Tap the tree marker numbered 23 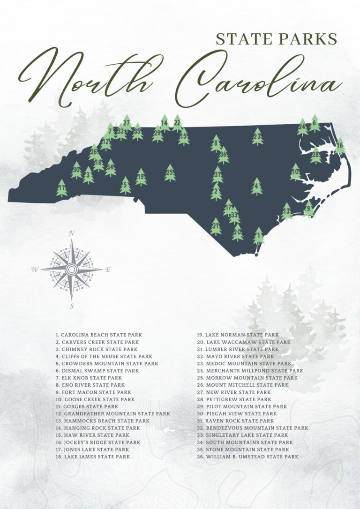pos(257,136)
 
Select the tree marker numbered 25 pos(170,173)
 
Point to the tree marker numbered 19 pos(141,177)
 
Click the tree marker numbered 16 pos(340,146)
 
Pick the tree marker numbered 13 pos(286,211)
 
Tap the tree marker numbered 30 pos(76,170)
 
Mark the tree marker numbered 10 pos(295,172)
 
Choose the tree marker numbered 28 pos(315,155)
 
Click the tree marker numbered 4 pos(256,186)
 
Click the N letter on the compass pos(72,233)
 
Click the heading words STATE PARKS pos(277,39)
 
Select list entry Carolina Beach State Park pos(98,335)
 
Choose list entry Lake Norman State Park pos(238,335)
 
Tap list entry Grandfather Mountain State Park pos(112,414)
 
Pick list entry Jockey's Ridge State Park pos(98,442)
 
